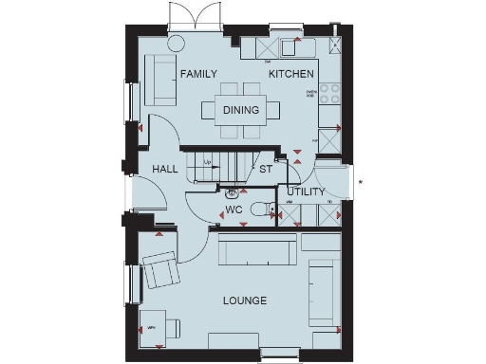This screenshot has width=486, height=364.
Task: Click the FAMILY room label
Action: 199,74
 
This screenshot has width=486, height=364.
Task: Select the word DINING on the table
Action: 241,111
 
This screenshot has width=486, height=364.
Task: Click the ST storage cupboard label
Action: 266,169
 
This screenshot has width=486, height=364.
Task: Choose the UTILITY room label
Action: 306,191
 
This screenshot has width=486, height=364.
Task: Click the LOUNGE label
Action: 244,301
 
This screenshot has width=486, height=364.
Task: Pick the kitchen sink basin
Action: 291,47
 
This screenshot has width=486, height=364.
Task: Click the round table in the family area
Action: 177,44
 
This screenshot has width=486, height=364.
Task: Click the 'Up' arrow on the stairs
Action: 208,163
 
